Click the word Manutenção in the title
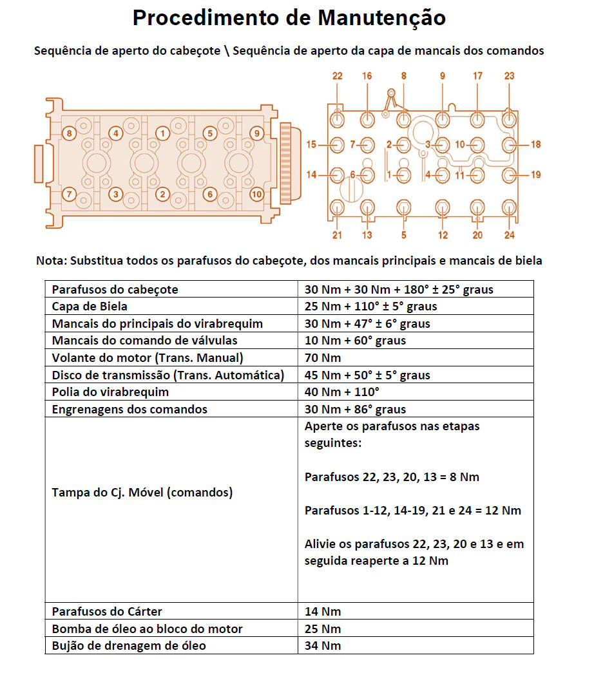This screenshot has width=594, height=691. point(381,18)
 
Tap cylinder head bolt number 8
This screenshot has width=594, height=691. point(69,133)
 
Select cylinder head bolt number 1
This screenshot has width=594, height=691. point(163,133)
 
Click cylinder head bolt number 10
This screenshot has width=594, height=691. point(257,193)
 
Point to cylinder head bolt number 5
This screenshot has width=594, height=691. point(209,133)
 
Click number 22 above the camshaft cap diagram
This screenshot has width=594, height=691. point(337,76)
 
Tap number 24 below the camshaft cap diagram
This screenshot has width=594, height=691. point(509,235)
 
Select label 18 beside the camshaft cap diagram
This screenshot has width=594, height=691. point(535,144)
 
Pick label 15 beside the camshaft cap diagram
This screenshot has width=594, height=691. point(311,145)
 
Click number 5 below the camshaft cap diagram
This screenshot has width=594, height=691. point(404,235)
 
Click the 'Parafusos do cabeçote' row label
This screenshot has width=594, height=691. point(115,290)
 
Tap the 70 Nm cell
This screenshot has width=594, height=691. point(323,358)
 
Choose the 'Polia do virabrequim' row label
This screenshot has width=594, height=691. point(110,392)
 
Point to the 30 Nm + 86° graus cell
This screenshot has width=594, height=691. point(355,410)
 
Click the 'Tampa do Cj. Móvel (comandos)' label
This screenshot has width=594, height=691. point(142,493)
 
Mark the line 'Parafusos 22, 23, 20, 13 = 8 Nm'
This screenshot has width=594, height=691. point(392,477)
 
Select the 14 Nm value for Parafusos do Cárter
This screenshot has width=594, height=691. point(323,612)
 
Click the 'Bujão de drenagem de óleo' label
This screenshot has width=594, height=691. point(129,645)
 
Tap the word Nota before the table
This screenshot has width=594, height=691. point(50,261)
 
